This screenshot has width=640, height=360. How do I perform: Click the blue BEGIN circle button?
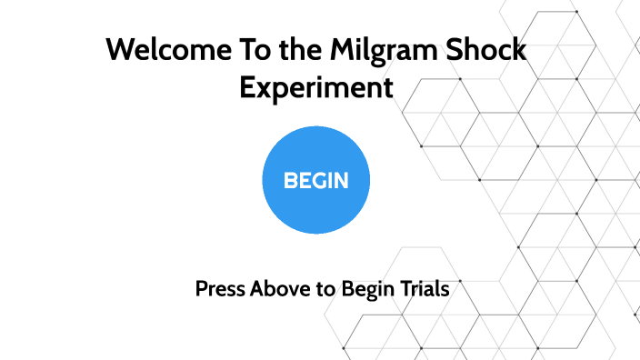click(x=315, y=180)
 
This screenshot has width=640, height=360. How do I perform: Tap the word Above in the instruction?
click(x=278, y=290)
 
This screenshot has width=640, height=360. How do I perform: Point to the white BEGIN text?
click(x=315, y=180)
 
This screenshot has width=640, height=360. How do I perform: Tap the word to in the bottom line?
click(x=325, y=290)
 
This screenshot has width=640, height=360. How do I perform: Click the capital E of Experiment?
click(x=247, y=88)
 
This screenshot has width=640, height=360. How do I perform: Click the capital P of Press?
click(x=202, y=290)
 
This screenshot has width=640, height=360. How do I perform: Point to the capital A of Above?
click(x=257, y=290)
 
